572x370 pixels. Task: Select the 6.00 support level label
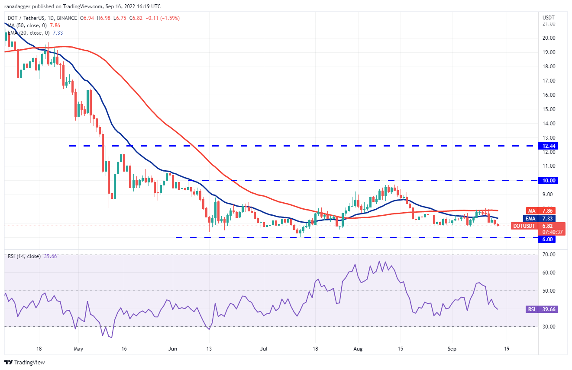point(546,239)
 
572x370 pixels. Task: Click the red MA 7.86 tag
point(532,211)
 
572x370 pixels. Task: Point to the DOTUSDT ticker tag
point(524,226)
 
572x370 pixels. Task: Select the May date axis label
point(78,348)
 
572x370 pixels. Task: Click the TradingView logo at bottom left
point(25,362)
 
